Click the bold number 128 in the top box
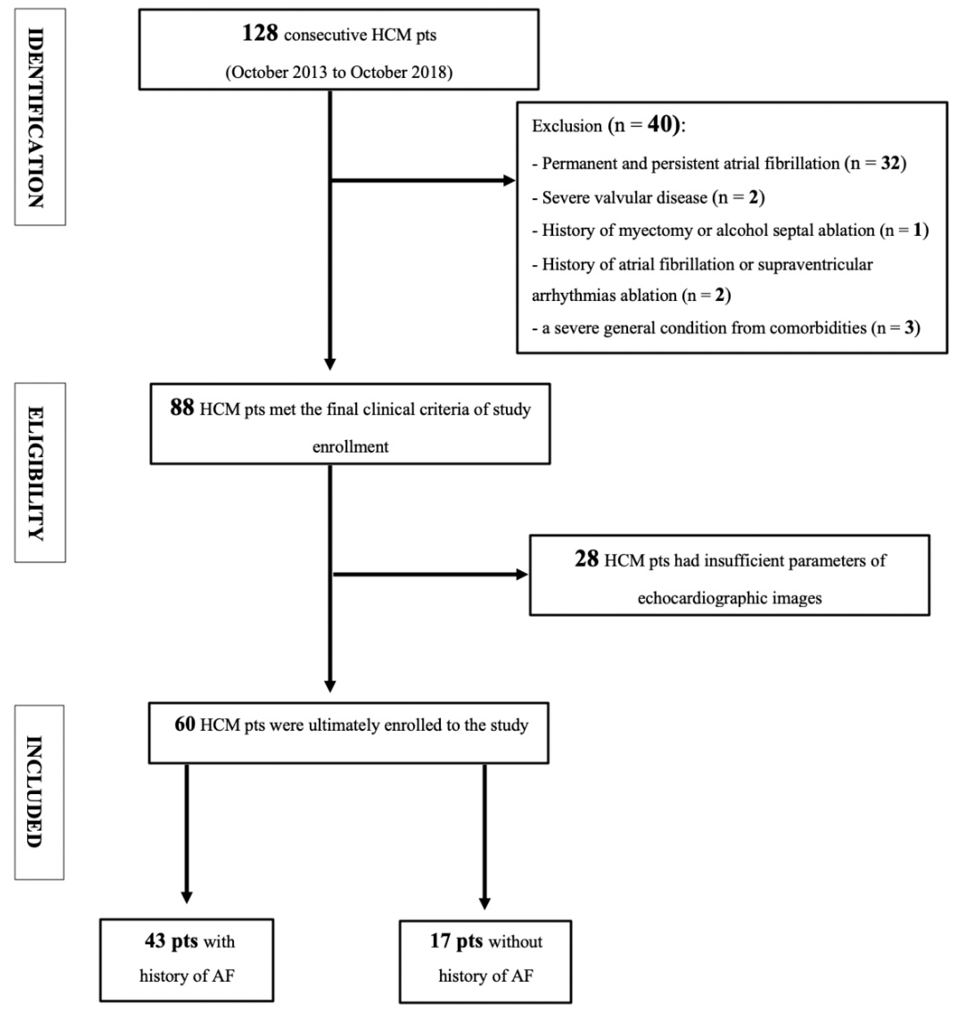point(260,34)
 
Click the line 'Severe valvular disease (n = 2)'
point(648,198)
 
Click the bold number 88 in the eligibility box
point(182,409)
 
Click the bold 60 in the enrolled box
point(184,725)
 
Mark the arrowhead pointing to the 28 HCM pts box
point(522,575)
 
